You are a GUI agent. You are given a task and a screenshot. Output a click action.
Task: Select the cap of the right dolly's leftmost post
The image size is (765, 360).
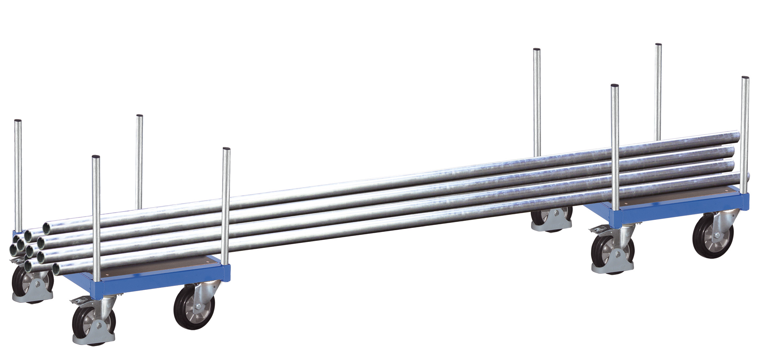537,50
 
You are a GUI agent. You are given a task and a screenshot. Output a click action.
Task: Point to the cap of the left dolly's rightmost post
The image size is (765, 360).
227,149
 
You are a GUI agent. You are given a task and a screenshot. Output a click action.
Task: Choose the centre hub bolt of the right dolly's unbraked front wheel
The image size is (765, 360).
716,236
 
